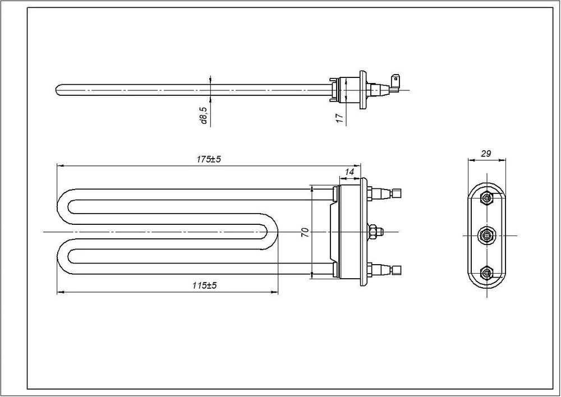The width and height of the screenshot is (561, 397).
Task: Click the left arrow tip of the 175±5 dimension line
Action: coord(57,165)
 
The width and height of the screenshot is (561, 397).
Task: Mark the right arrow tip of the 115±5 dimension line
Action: coord(278,292)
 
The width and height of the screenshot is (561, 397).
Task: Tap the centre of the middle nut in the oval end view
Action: coord(486,236)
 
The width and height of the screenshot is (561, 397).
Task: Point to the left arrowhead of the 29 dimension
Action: coord(469,160)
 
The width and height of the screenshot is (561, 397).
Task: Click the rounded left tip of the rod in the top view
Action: coord(57,89)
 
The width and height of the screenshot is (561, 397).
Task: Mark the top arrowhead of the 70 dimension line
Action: coord(312,186)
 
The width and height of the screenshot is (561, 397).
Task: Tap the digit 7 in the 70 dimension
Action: coord(305,235)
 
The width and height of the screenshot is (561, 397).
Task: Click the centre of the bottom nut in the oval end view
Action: coord(486,273)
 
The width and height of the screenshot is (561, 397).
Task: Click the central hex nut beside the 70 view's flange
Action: coord(373,232)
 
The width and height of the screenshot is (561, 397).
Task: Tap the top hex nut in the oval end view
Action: coord(486,197)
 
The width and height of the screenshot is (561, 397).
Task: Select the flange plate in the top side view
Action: coord(363,90)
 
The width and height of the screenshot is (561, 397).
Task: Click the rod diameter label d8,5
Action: coord(204,115)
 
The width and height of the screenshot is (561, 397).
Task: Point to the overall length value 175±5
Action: coord(209,159)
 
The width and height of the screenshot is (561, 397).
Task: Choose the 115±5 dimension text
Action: coord(205,285)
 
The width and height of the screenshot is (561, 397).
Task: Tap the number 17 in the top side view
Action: coord(341,118)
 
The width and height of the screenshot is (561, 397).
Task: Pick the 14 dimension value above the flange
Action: coord(349,172)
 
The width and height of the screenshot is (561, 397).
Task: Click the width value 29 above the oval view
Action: coord(486,154)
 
